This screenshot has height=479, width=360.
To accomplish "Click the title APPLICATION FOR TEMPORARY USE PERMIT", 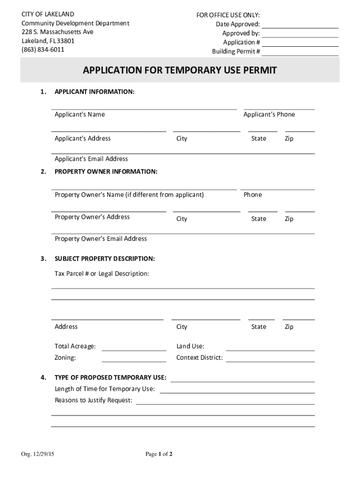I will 180,71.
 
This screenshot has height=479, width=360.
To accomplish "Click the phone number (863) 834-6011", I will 43,50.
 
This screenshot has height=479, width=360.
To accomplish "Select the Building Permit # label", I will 236,51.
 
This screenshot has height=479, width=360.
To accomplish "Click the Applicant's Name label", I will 79,115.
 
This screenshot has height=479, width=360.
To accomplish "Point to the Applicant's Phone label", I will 269,115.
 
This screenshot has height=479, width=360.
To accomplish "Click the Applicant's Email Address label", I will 91,159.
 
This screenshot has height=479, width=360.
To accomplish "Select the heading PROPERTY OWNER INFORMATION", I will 106,172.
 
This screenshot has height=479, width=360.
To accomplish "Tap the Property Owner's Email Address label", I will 101,239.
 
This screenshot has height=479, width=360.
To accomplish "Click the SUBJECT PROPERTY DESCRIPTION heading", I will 105,259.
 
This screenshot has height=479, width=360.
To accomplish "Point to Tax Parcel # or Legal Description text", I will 102,274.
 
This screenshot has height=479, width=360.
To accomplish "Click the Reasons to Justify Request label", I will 94,400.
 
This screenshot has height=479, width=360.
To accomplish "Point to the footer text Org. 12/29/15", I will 37,454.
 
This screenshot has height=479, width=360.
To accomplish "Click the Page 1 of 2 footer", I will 159,454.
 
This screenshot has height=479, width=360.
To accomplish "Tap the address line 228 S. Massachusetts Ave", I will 58,32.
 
